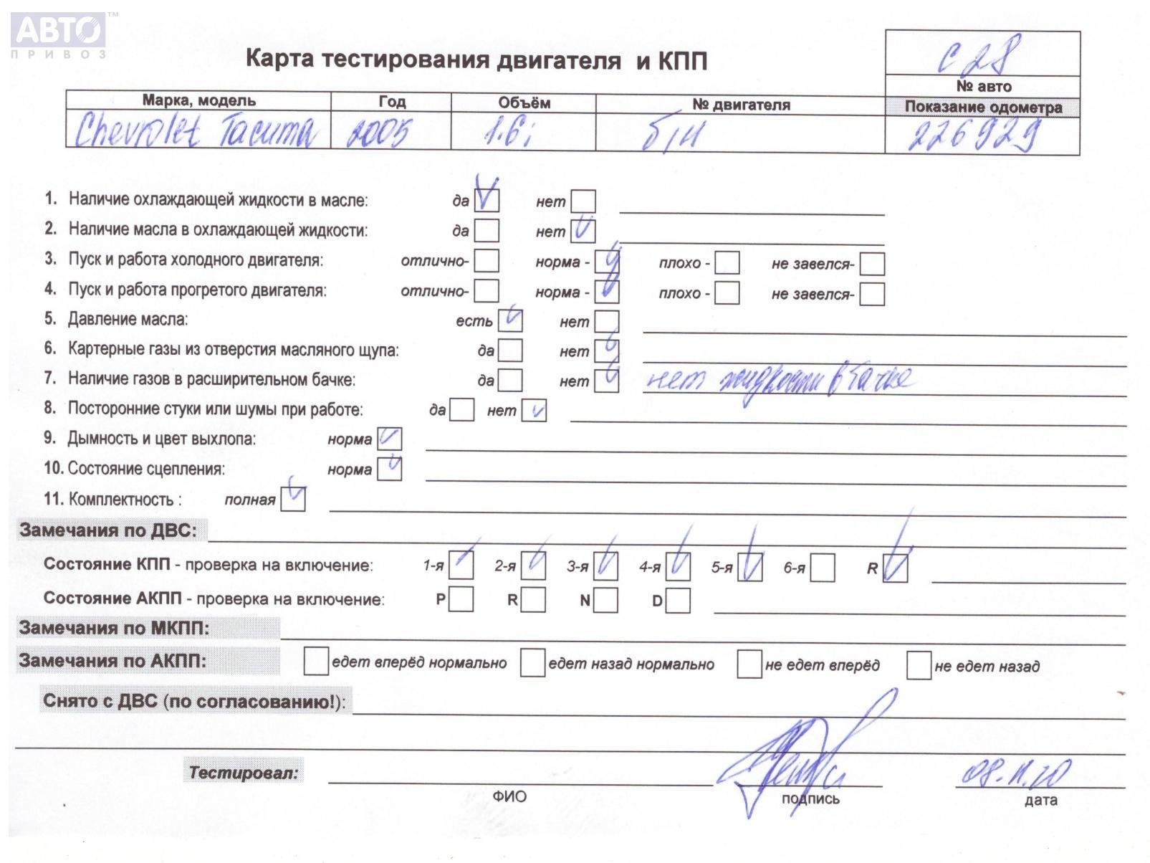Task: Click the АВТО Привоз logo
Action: pos(59,34)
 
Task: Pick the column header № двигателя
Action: pos(741,105)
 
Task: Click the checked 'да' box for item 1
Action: pos(487,200)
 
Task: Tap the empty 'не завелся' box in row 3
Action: pos(872,264)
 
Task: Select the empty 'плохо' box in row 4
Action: pos(727,293)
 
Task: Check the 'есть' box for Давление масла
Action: pos(510,320)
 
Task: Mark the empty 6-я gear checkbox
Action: pos(823,568)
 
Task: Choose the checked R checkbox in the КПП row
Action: pos(896,568)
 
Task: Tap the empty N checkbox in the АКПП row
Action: pos(606,600)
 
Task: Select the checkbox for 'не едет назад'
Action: pos(919,665)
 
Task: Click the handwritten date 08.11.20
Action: pos(1016,773)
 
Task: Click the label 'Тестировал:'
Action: pos(244,773)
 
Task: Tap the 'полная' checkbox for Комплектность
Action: pos(293,499)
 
